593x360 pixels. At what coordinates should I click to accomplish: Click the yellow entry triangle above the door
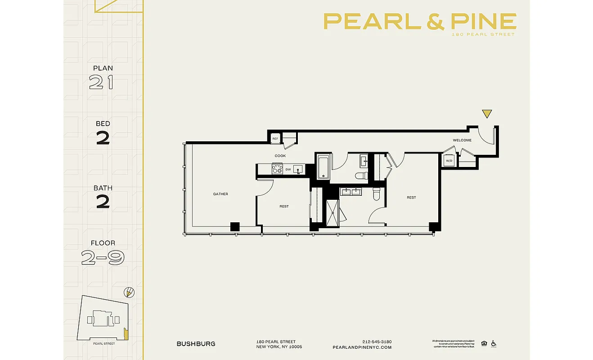(x=486, y=114)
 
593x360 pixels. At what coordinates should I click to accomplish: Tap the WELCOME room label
(x=462, y=140)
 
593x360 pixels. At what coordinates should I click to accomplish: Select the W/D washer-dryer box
(x=449, y=161)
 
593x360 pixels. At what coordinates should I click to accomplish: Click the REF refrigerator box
(x=275, y=139)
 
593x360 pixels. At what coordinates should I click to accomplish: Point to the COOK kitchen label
(x=280, y=156)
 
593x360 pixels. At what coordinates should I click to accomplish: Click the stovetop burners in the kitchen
(x=277, y=169)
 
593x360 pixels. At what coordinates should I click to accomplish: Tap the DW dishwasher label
(x=288, y=170)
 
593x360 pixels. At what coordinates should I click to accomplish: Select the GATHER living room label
(x=220, y=194)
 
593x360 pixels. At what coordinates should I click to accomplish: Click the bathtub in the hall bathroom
(x=323, y=167)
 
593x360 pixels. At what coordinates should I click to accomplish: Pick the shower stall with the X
(x=334, y=210)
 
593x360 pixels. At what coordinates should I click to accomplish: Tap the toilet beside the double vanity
(x=377, y=193)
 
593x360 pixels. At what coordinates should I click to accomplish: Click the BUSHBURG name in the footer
(x=196, y=344)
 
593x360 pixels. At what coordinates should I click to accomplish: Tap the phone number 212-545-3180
(x=377, y=342)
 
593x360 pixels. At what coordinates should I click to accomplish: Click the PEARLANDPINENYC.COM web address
(x=362, y=347)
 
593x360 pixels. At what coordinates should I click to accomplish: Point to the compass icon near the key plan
(x=129, y=292)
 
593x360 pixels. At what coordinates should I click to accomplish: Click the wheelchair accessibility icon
(x=493, y=343)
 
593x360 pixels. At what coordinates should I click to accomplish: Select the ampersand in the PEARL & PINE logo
(x=435, y=22)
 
